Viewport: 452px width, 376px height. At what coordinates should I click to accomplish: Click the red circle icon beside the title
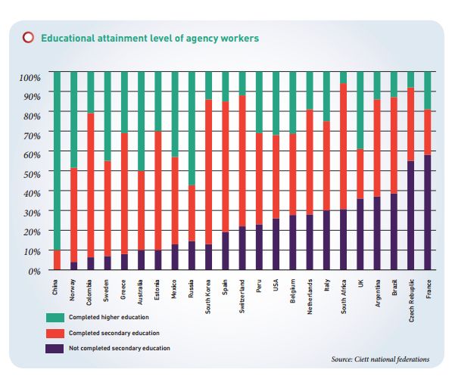pos(28,38)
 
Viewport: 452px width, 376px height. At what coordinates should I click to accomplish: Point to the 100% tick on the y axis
pos(30,77)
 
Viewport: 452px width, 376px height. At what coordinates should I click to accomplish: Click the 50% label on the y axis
pos(32,174)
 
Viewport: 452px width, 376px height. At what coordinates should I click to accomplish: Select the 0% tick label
pos(34,271)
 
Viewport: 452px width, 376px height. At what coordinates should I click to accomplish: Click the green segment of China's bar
pos(57,161)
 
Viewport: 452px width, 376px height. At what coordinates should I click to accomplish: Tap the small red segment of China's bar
pos(57,260)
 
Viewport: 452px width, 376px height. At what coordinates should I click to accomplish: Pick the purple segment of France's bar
pos(428,213)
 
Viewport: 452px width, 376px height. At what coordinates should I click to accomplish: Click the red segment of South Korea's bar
pos(209,172)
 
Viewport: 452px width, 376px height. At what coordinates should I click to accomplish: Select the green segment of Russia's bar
pos(192,129)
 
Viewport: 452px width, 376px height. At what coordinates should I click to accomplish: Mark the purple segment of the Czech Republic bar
pos(411,216)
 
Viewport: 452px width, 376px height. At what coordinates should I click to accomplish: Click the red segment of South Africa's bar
pos(343,146)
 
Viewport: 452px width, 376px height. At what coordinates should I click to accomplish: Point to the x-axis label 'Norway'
pos(72,290)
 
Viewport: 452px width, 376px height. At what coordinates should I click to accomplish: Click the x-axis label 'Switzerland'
pos(242,297)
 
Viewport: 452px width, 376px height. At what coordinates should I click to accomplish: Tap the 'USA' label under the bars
pos(276,285)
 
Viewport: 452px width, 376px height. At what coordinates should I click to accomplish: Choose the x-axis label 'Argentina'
pos(378,293)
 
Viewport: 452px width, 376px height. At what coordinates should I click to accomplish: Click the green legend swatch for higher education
pos(55,318)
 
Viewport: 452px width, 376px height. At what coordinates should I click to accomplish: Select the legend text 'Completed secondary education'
pos(114,333)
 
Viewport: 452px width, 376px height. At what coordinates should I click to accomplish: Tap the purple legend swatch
pos(55,349)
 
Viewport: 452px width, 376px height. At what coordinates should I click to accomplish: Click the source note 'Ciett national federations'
pos(391,359)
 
